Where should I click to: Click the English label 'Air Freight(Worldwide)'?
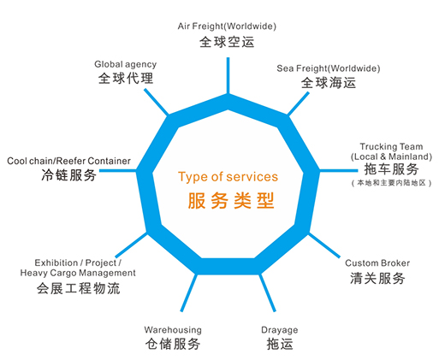point(227,27)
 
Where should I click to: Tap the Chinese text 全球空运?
point(227,42)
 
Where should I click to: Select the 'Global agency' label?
point(126,64)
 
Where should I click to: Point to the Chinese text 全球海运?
point(329,83)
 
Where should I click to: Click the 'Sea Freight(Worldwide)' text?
point(329,68)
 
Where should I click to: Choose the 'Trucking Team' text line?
point(391,146)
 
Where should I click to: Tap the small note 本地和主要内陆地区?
point(391,183)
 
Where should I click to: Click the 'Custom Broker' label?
point(377,263)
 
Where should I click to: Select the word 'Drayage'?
point(280,330)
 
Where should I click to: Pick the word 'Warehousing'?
point(173,330)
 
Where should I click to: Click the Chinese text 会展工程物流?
point(79,288)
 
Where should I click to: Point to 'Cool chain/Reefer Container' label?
point(68,161)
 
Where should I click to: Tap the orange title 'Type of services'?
point(228,177)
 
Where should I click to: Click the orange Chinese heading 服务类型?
point(231,201)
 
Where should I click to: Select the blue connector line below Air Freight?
point(228,75)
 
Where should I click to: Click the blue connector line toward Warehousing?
point(188,292)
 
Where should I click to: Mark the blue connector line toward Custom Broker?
point(324,245)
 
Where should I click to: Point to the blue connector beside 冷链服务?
point(118,170)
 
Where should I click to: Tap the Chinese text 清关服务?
point(377,278)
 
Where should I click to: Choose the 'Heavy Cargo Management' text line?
point(78,273)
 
